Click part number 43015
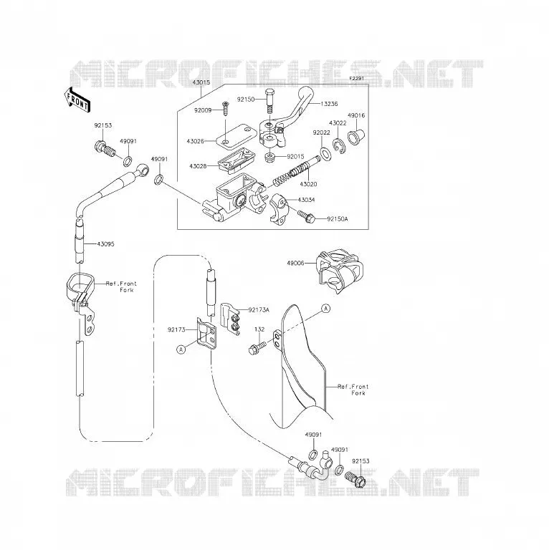201,82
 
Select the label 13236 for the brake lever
329,104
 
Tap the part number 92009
203,110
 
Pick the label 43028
199,166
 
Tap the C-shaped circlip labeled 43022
339,145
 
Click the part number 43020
308,184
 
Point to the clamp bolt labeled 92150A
306,216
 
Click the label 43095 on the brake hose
105,244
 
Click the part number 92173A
259,309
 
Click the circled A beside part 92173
181,349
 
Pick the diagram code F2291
357,77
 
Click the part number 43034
306,200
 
